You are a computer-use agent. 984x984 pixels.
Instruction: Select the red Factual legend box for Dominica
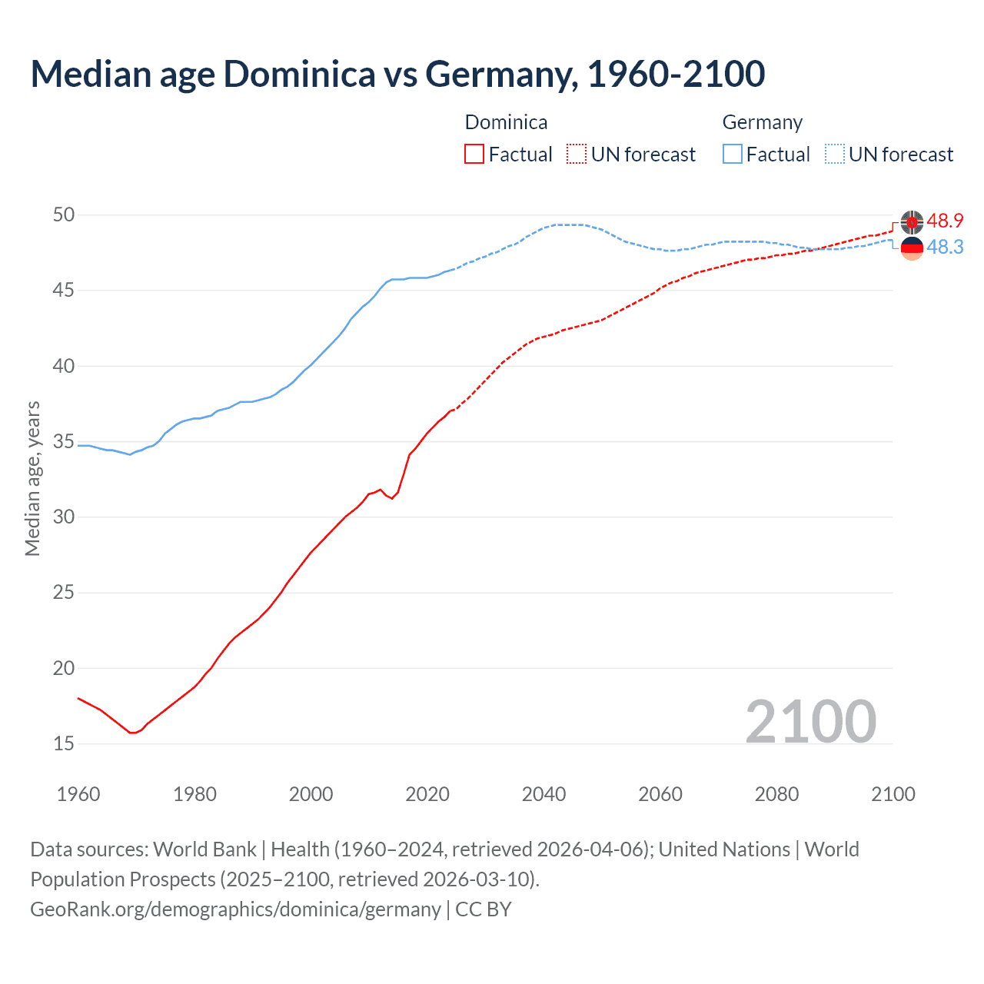[x=474, y=154]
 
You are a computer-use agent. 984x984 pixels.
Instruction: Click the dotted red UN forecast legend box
[x=577, y=154]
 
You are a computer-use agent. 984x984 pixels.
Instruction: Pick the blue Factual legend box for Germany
[x=733, y=154]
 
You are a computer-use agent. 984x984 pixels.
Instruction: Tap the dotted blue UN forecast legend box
[x=835, y=154]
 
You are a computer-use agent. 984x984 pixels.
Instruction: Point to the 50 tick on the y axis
[x=64, y=214]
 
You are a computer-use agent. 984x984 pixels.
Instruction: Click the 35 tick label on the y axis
[x=64, y=442]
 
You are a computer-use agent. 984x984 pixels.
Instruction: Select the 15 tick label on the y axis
[x=64, y=743]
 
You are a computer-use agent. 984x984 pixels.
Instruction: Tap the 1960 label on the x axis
[x=78, y=794]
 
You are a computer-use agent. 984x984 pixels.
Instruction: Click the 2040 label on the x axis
[x=544, y=794]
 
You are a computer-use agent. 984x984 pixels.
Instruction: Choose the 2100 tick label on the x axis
[x=893, y=794]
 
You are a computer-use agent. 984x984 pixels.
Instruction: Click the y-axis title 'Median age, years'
[x=32, y=478]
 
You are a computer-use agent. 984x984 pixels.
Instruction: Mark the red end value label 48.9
[x=945, y=221]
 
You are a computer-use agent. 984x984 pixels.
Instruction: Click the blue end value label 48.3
[x=945, y=247]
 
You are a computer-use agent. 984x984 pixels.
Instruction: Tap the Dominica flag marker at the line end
[x=912, y=222]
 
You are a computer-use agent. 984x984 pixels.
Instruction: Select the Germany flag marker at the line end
[x=912, y=248]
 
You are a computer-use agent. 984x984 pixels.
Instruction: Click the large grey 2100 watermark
[x=810, y=721]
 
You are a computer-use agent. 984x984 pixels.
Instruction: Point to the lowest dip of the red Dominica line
[x=132, y=733]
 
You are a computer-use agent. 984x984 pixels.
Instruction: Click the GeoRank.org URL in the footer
[x=235, y=909]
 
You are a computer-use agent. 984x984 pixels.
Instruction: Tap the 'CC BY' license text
[x=484, y=909]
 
